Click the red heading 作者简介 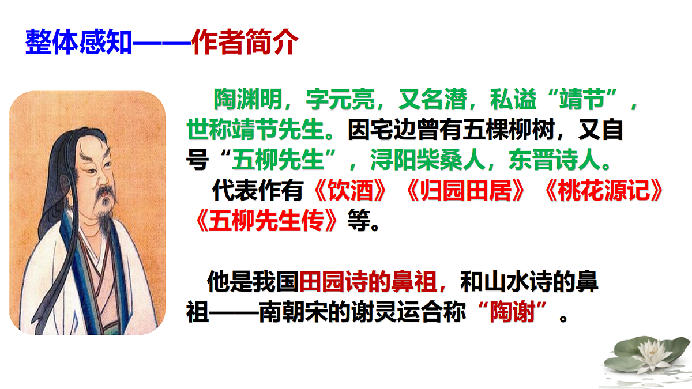coord(245,42)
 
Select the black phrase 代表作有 coord(256,192)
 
